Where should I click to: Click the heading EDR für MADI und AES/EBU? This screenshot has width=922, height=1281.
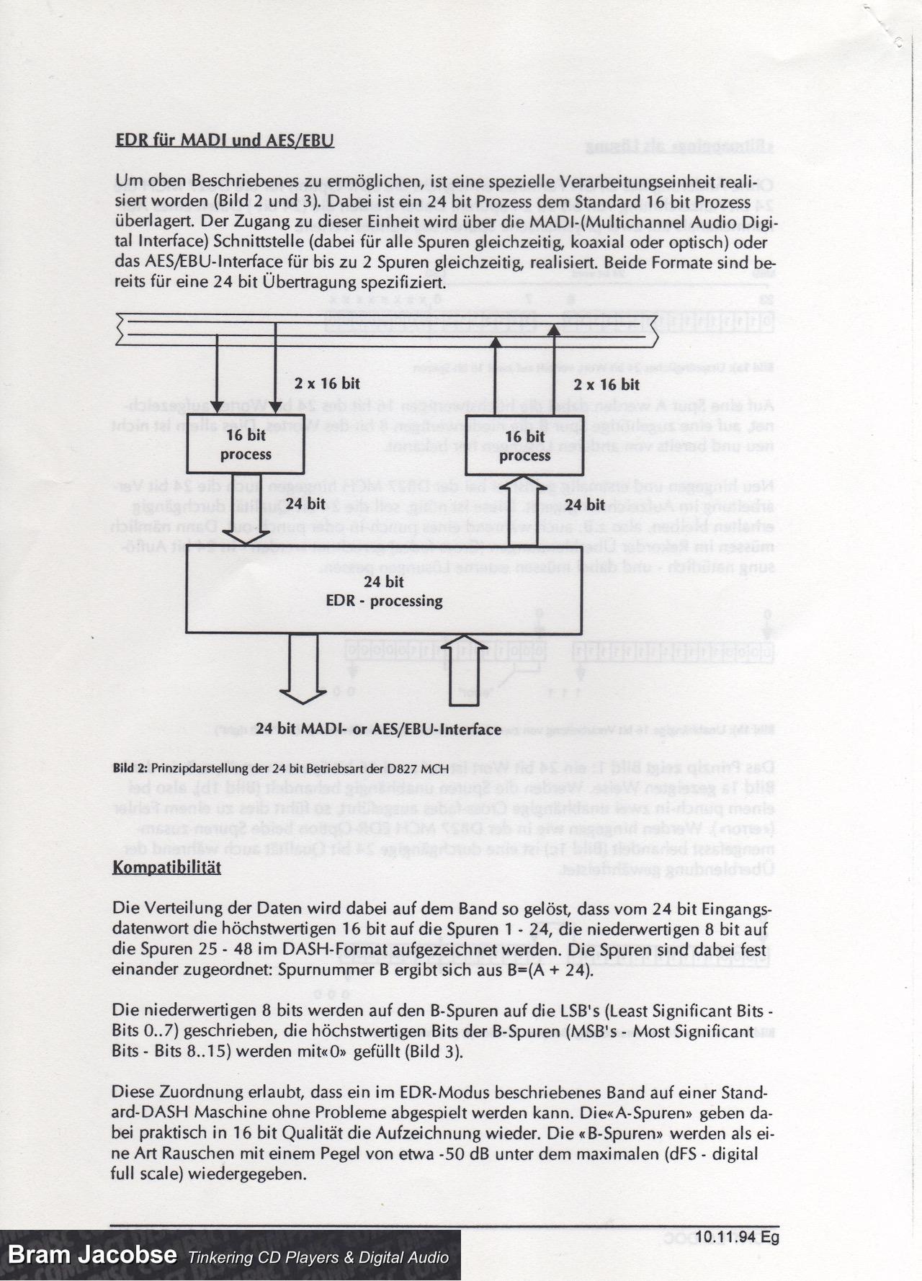point(225,140)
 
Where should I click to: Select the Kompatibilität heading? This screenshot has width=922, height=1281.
point(166,867)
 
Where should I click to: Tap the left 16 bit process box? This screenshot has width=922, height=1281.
point(246,445)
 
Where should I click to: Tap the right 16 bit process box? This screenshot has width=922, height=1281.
point(524,446)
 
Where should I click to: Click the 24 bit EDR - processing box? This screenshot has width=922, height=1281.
point(384,592)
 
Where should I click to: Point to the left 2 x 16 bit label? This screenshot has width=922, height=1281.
point(327,384)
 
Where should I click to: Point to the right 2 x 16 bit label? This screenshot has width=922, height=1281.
point(607,385)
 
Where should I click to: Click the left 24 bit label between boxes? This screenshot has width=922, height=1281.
point(305,504)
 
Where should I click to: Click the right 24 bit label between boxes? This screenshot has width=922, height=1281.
point(584,504)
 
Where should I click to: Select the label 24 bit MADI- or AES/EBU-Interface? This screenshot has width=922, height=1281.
point(378,729)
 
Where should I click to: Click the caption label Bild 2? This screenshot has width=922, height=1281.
point(130,768)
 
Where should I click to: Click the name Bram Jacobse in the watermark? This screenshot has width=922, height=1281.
point(92,1254)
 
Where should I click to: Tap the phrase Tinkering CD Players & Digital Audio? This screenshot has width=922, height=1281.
point(319,1258)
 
